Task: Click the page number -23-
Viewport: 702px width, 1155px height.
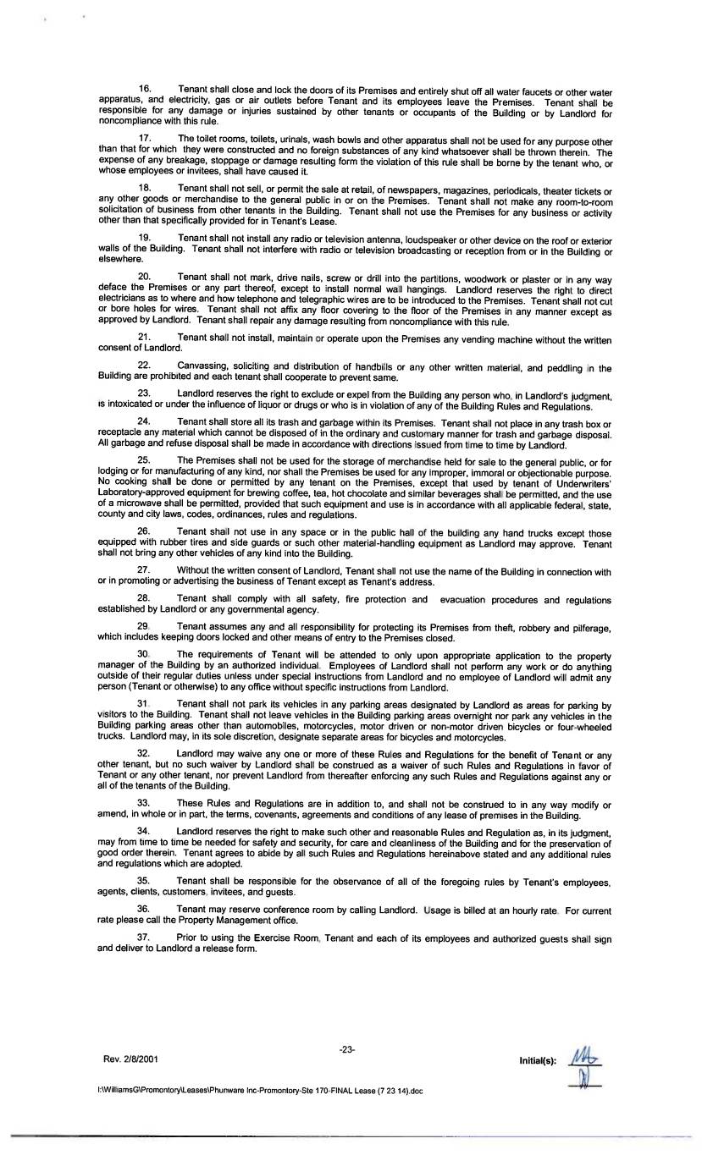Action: pyautogui.click(x=347, y=1049)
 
